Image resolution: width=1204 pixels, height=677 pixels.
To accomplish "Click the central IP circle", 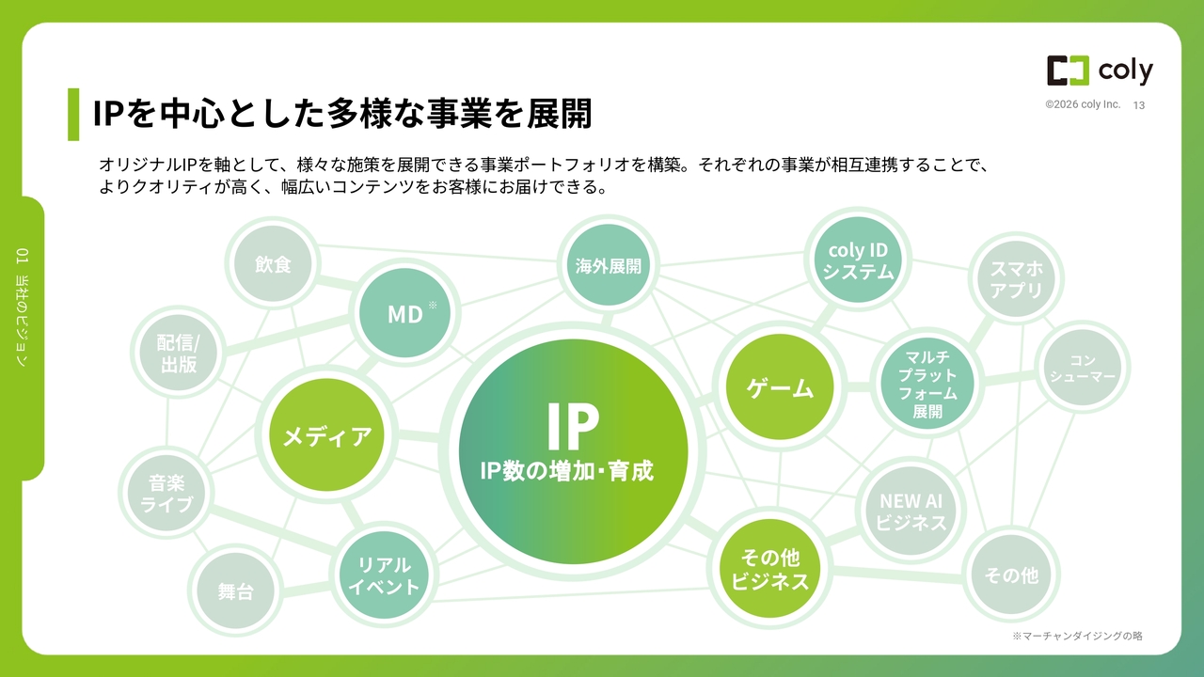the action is [573, 451].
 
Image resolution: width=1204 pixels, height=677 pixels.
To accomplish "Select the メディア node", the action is [326, 434].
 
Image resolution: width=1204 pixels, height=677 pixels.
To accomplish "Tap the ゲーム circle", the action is [780, 386].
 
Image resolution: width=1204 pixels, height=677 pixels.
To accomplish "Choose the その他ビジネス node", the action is [769, 569].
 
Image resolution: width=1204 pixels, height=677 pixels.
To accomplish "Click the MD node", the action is [404, 313].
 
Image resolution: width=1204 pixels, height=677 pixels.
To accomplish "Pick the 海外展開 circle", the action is [608, 265].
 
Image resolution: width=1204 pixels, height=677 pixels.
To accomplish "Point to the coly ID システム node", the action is [858, 260].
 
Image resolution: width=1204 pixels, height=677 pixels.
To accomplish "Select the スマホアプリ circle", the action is [1016, 278].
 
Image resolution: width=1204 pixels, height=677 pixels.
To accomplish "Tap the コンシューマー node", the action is [1083, 368].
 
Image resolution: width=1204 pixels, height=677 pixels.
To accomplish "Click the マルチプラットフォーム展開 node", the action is [927, 383].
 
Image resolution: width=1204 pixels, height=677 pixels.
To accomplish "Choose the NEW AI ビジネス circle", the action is [911, 511].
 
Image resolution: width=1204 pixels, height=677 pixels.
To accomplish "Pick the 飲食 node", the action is [273, 264].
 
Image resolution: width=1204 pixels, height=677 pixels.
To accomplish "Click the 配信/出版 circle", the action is [179, 353].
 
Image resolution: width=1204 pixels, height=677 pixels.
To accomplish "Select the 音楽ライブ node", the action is [166, 493].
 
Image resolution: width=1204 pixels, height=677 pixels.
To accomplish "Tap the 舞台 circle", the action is [235, 591].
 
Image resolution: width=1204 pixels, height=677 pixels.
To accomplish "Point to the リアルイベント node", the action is [384, 575].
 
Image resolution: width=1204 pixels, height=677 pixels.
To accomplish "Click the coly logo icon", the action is [1068, 71].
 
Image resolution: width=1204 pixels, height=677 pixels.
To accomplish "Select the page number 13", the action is [1138, 105].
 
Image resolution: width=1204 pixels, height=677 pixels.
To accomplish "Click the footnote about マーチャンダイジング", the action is [1077, 637].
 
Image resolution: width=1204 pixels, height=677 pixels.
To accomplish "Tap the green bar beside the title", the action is [73, 115].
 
